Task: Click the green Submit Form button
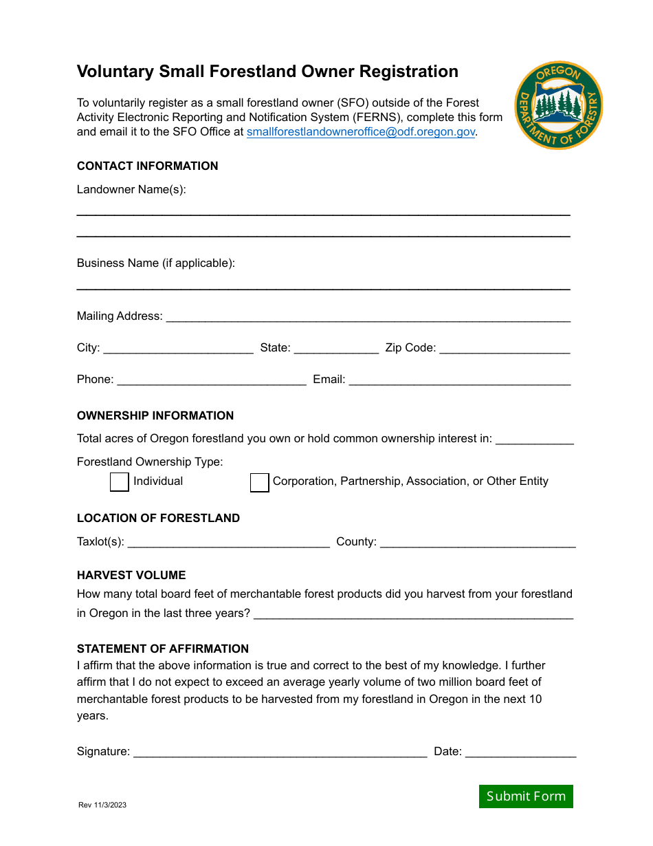526,796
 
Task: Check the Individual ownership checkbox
120,482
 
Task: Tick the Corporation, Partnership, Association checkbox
259,483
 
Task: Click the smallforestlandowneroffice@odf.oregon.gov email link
361,132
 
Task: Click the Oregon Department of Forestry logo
558,105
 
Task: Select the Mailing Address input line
368,316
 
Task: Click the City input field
178,348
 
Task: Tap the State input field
336,348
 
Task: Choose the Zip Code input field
505,348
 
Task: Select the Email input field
460,380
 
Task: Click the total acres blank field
534,439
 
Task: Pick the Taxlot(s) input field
228,542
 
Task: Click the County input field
477,542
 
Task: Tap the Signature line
280,752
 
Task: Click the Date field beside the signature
520,752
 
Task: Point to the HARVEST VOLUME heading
131,575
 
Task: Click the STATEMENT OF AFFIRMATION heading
163,649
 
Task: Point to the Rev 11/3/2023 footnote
102,805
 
